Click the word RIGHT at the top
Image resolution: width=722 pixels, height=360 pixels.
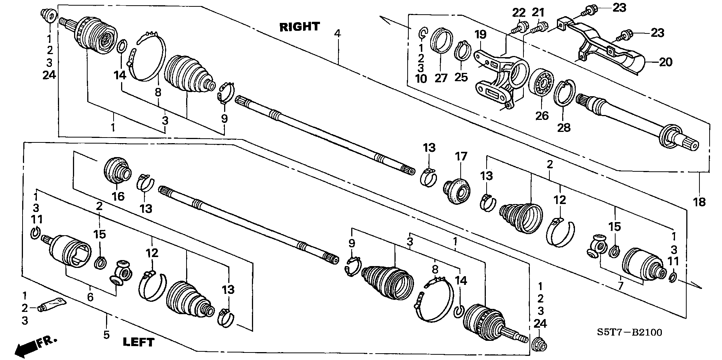(x=299, y=27)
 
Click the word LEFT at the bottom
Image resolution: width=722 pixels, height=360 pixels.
(x=139, y=342)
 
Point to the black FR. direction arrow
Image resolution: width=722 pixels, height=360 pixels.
(x=35, y=346)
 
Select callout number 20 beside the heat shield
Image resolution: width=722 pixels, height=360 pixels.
(x=665, y=62)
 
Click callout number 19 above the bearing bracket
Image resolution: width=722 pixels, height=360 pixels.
(x=480, y=35)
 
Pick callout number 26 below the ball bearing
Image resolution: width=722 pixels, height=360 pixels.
(x=542, y=116)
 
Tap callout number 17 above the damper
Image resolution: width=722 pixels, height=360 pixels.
(x=461, y=156)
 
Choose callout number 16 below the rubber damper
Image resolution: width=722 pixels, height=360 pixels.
(x=118, y=196)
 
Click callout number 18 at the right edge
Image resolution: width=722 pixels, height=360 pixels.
(x=699, y=202)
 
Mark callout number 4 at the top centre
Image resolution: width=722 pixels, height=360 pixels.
(x=337, y=34)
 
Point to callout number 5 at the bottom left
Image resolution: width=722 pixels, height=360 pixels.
(x=106, y=334)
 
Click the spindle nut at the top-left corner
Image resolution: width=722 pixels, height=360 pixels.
(x=49, y=14)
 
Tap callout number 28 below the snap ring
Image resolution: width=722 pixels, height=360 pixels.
(x=564, y=128)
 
